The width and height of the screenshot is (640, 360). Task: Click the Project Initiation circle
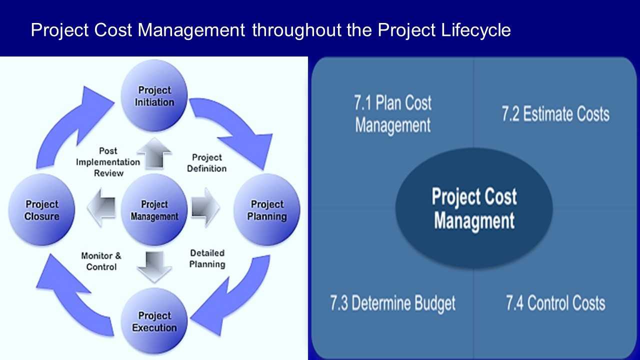point(154,95)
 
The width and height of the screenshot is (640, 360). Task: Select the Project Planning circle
point(267,210)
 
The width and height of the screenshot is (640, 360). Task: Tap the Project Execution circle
point(154,321)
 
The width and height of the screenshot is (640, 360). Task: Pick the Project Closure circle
point(41,210)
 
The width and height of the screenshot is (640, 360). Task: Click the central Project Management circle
point(154,210)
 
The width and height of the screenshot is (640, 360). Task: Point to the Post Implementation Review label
point(108,162)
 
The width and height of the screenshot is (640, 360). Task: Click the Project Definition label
point(207,163)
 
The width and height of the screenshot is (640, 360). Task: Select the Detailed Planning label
point(207,258)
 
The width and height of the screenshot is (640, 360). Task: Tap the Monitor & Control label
point(101,261)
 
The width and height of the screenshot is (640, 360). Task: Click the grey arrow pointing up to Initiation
point(154,153)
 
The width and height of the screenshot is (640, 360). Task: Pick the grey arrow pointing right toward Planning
point(205,207)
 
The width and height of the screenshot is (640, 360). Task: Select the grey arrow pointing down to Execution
point(154,267)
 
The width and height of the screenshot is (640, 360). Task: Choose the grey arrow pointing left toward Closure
point(101,207)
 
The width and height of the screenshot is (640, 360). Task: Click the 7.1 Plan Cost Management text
point(393,114)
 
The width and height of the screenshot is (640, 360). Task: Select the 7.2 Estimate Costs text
point(555,114)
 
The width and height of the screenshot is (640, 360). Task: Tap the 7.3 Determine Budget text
point(393,303)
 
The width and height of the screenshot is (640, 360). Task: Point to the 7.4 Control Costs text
point(555,303)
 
